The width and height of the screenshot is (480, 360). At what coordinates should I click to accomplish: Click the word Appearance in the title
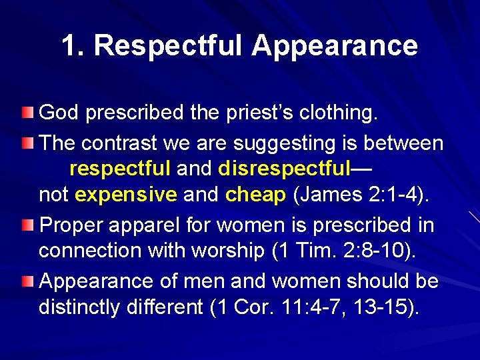335,46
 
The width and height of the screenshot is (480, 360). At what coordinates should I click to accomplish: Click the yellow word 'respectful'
120,169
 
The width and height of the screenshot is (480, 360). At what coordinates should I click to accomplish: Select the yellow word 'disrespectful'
285,169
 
